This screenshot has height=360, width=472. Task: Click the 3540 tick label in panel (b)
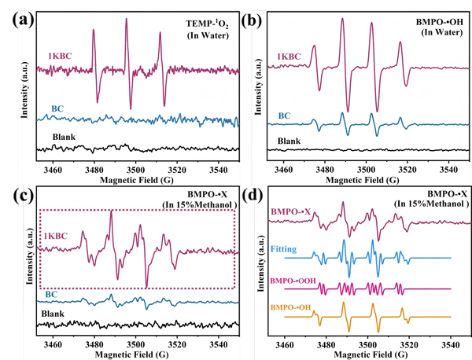coord(448,167)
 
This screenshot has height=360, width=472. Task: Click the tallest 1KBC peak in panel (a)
coord(126,20)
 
